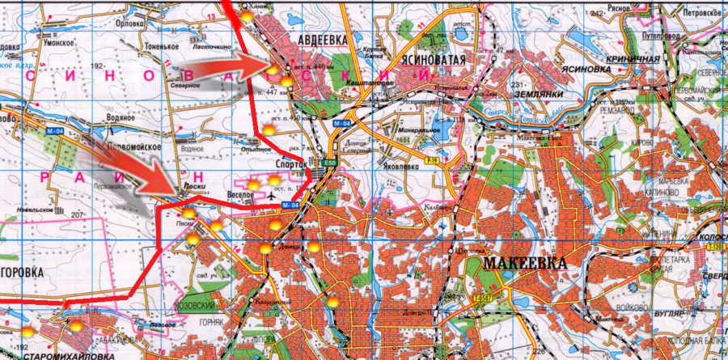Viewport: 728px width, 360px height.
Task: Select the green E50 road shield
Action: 329,164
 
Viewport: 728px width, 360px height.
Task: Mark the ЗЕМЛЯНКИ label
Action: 553,94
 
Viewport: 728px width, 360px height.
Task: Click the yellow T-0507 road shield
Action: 482,299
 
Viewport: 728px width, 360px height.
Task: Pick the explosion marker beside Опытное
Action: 268,129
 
